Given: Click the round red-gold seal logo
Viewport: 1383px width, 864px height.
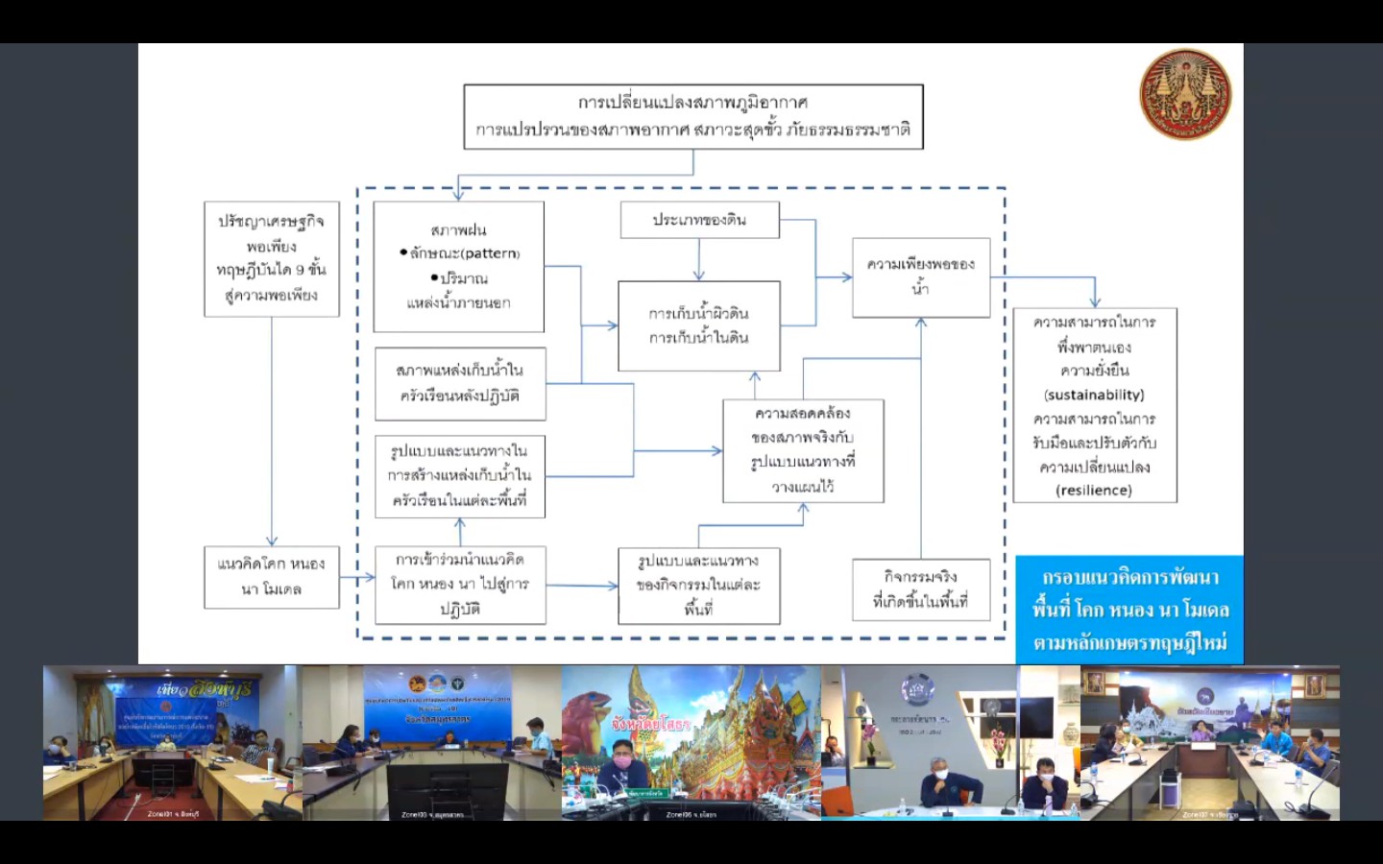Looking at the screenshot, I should click(x=1185, y=94).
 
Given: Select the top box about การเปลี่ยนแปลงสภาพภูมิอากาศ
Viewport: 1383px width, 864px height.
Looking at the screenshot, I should click(x=692, y=116).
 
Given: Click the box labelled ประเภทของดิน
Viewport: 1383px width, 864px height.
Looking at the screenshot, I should click(x=699, y=220).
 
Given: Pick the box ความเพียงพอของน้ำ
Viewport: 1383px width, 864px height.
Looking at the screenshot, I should click(x=920, y=276).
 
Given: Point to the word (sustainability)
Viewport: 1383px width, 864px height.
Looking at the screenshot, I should click(x=1094, y=395).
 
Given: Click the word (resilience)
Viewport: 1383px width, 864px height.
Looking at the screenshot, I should click(x=1094, y=490).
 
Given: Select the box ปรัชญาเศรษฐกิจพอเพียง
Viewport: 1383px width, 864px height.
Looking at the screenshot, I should click(x=272, y=258).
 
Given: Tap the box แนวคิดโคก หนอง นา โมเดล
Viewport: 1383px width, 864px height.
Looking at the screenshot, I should click(x=272, y=576).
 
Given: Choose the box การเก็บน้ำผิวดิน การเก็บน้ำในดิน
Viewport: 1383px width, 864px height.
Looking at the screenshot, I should click(x=698, y=325).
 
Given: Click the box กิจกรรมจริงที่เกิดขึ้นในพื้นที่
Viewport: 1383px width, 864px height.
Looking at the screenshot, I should click(x=920, y=588).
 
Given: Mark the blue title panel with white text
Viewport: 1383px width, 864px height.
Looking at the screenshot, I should click(x=1129, y=610).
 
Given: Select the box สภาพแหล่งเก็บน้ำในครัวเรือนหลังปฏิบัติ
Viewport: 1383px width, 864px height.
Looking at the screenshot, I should click(x=460, y=383).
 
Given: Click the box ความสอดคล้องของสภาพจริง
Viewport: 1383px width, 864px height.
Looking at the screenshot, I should click(x=803, y=450).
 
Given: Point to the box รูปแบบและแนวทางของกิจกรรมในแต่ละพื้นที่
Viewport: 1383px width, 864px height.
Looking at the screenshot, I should click(x=698, y=585).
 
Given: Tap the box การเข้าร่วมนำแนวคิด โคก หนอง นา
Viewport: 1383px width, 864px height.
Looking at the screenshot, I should click(x=460, y=584).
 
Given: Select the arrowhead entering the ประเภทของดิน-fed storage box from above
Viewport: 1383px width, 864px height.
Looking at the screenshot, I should click(x=698, y=276).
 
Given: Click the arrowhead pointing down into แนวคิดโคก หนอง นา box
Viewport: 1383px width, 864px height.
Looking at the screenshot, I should click(x=272, y=541).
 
